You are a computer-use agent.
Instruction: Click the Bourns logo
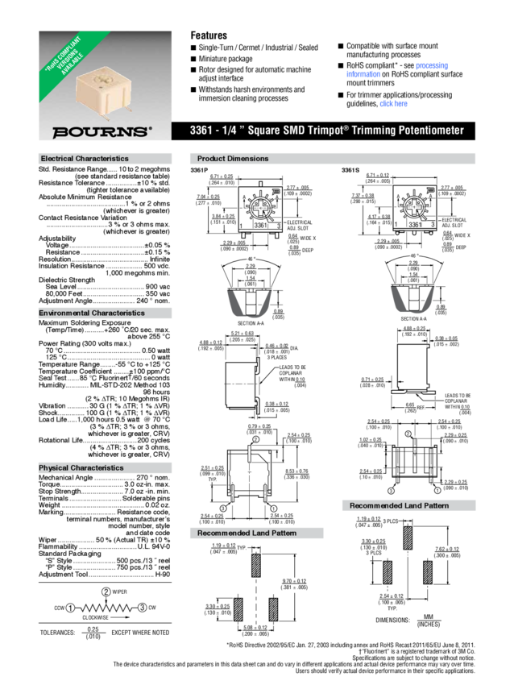(x=102, y=131)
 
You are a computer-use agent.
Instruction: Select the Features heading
(x=209, y=35)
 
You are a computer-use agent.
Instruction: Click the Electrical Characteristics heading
(x=85, y=159)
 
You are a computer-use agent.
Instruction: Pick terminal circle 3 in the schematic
(x=142, y=607)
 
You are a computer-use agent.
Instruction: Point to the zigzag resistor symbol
(x=106, y=607)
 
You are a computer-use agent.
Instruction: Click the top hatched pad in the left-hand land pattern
(x=256, y=568)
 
